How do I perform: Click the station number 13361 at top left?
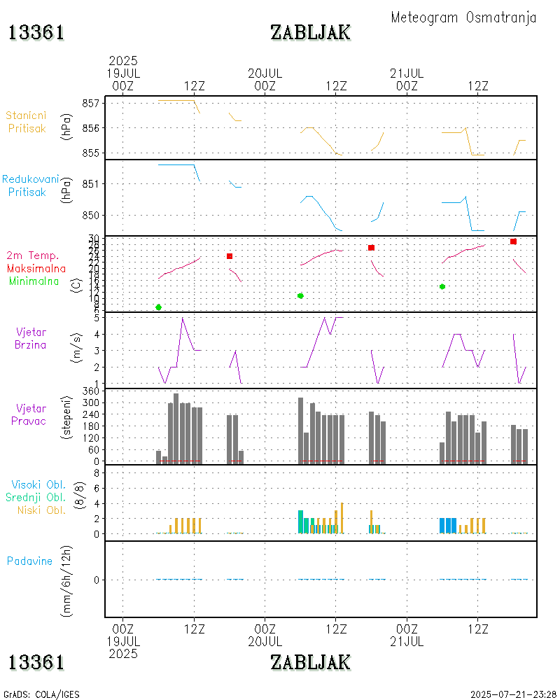click(x=36, y=33)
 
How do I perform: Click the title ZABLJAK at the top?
click(x=310, y=32)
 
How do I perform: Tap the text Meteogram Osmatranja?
click(x=463, y=17)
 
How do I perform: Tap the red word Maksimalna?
click(x=36, y=268)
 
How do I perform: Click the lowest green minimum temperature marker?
click(x=159, y=307)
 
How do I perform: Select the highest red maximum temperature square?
click(x=513, y=241)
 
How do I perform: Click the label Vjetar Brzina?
click(x=31, y=337)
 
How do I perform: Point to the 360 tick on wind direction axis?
click(x=91, y=391)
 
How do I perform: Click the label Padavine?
click(x=29, y=561)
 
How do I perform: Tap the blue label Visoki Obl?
click(x=38, y=484)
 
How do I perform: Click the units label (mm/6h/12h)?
click(x=67, y=580)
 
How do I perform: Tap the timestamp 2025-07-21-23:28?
click(x=513, y=694)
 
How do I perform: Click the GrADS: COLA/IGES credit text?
click(x=42, y=694)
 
